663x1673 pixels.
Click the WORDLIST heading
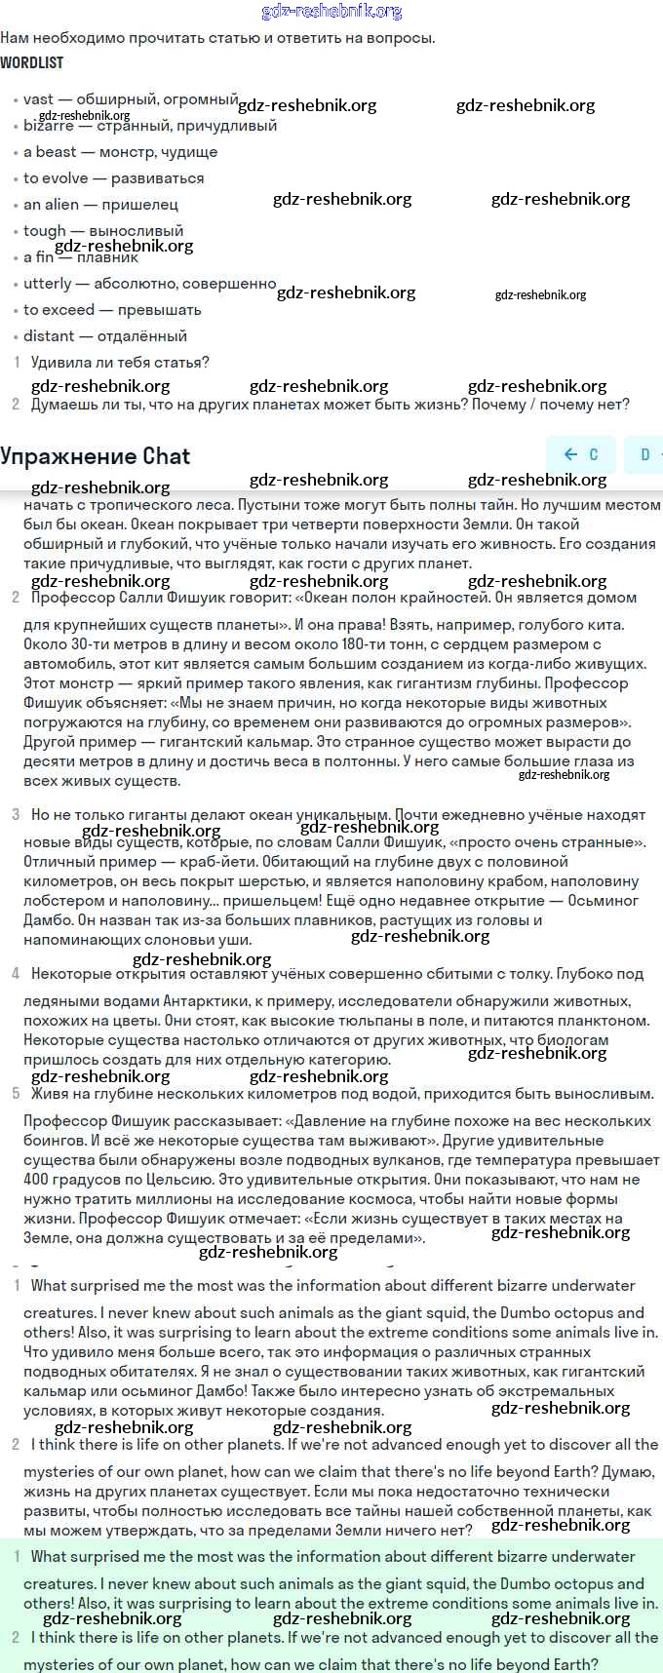click(31, 62)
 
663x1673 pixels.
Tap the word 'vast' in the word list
click(38, 98)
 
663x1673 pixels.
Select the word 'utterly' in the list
click(48, 283)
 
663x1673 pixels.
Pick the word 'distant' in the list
click(49, 335)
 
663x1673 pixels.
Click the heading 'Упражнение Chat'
click(96, 455)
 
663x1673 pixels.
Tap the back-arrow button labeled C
click(581, 454)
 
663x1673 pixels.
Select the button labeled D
click(644, 454)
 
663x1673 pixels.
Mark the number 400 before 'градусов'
click(36, 1179)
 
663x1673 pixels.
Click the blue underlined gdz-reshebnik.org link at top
click(331, 11)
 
